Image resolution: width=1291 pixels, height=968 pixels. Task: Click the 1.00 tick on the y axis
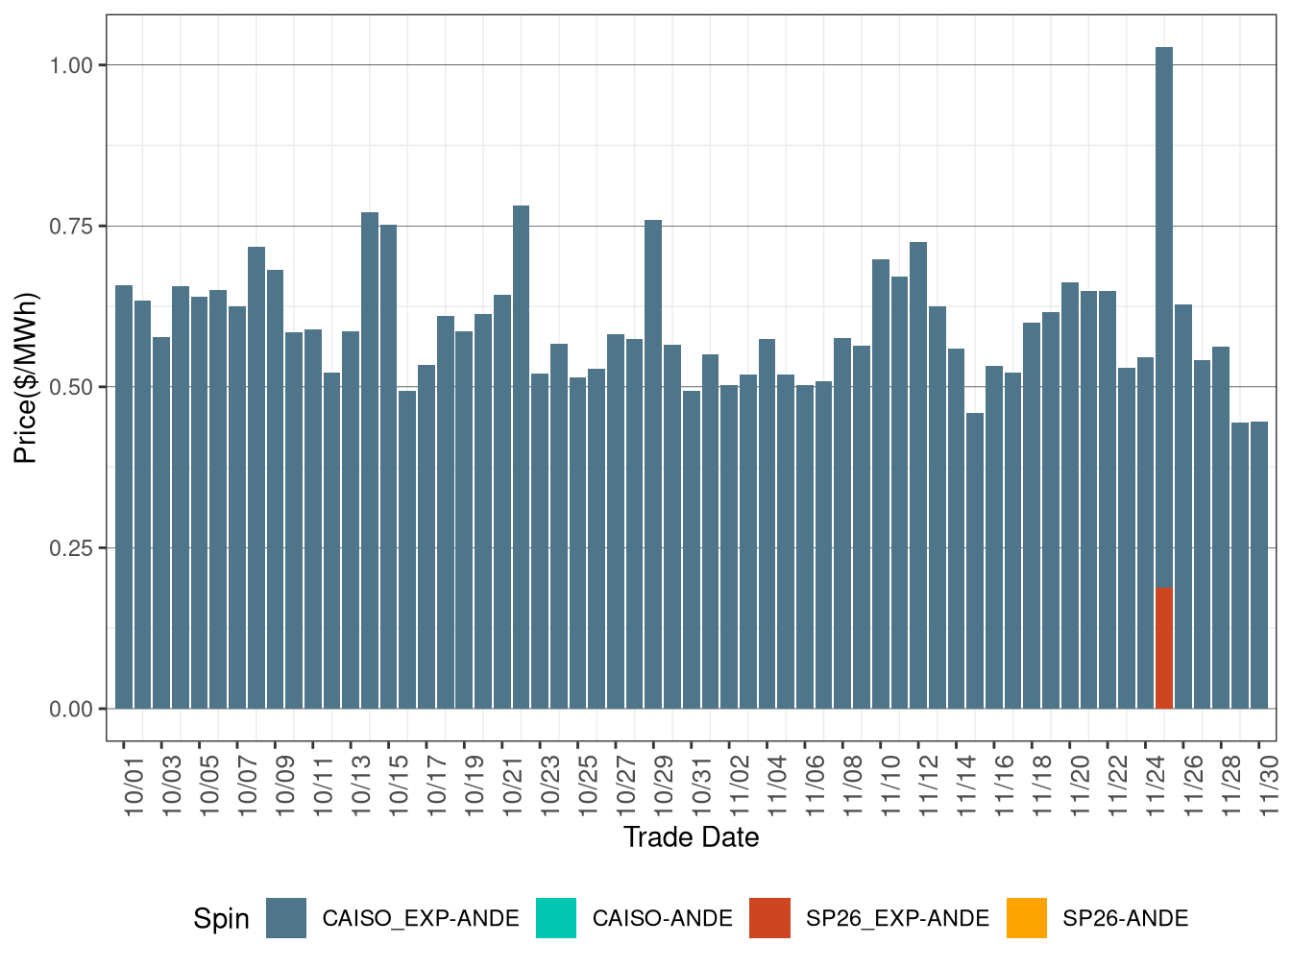pyautogui.click(x=71, y=65)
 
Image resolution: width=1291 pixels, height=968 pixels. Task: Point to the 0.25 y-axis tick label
pyautogui.click(x=71, y=548)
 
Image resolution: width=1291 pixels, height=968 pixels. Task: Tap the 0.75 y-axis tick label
pyautogui.click(x=71, y=227)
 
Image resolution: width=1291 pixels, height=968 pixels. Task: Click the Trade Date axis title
pyautogui.click(x=691, y=837)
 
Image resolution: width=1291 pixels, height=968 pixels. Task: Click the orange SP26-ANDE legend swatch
pyautogui.click(x=1027, y=918)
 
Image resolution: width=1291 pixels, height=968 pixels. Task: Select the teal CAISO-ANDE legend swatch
pyautogui.click(x=556, y=918)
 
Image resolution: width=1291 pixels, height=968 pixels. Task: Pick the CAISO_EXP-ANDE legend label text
pyautogui.click(x=421, y=919)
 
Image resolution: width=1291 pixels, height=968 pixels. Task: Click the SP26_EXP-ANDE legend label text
pyautogui.click(x=897, y=919)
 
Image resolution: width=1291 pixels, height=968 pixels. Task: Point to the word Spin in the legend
pyautogui.click(x=221, y=919)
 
